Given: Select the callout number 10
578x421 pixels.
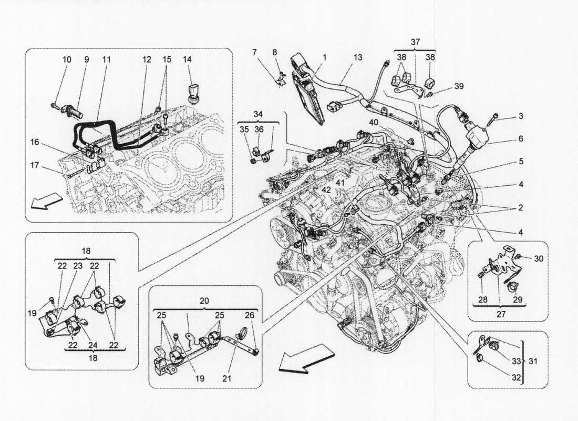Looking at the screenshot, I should point(67,60).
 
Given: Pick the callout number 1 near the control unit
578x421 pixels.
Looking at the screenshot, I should point(325,57).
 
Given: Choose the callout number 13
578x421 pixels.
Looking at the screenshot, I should point(358,57).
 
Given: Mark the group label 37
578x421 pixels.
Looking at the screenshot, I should point(416,42).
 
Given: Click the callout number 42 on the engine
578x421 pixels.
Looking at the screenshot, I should point(327,191).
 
